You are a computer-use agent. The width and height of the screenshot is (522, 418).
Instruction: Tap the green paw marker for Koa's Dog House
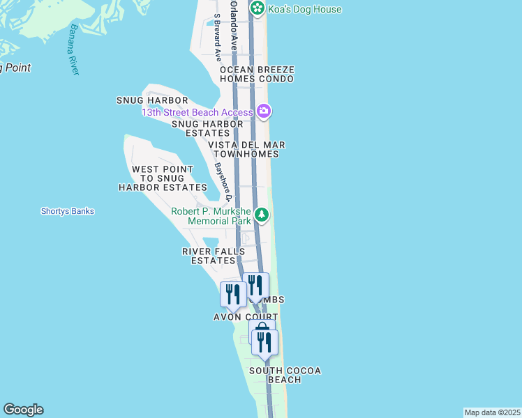click(x=258, y=8)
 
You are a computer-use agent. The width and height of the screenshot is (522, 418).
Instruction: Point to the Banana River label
click(x=74, y=50)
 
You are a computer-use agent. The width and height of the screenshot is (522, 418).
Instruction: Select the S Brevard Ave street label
click(x=218, y=38)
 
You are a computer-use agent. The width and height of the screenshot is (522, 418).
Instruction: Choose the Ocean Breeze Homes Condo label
click(x=257, y=75)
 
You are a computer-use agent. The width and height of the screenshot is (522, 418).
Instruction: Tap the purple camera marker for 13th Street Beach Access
click(x=264, y=111)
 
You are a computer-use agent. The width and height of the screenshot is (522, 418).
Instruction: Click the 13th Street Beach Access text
click(x=197, y=112)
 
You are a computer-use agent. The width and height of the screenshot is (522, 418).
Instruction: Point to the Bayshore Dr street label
click(x=222, y=183)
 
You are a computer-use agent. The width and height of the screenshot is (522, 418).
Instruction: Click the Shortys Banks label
click(x=67, y=211)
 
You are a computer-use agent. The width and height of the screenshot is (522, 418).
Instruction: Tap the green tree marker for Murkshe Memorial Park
click(x=262, y=215)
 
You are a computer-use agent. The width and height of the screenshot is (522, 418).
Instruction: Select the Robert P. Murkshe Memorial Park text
click(x=211, y=216)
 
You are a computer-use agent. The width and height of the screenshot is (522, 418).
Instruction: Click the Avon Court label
click(x=241, y=317)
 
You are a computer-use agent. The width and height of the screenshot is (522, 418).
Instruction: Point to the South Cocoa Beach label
click(x=285, y=375)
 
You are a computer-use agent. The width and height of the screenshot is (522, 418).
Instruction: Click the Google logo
click(x=23, y=410)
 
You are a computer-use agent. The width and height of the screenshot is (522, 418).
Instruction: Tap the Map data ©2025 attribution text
click(x=493, y=412)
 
